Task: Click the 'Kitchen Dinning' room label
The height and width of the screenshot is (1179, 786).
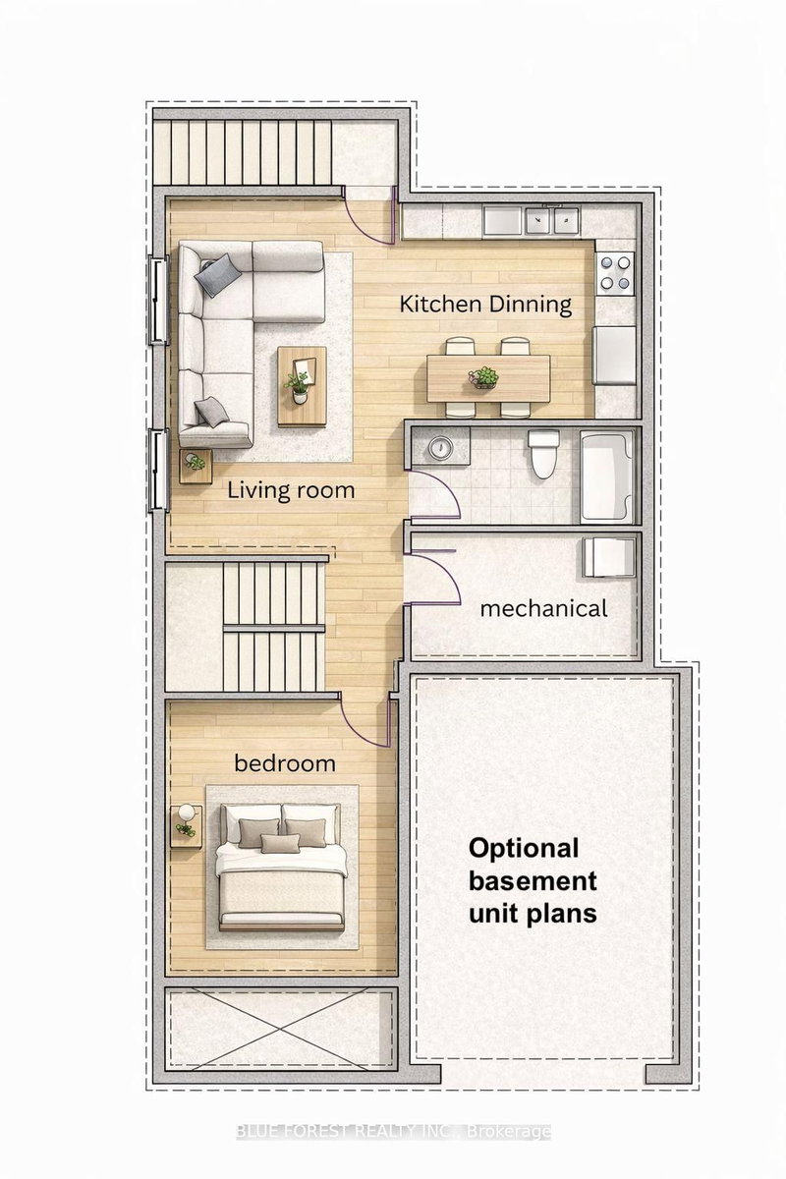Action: (485, 304)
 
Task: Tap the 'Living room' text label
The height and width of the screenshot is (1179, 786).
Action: (291, 489)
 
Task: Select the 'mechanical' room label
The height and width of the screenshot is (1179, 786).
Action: (543, 608)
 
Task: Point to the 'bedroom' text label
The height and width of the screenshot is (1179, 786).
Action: (284, 762)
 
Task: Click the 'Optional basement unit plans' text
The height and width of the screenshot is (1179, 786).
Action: (533, 880)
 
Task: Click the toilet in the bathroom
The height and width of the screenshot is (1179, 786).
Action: (542, 454)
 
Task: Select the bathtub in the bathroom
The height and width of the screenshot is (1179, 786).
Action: (606, 476)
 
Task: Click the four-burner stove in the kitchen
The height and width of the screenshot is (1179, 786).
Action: (616, 272)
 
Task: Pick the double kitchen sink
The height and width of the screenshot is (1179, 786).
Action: (550, 221)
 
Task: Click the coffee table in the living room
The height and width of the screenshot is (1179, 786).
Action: (302, 385)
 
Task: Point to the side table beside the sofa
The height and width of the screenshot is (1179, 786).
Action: (196, 466)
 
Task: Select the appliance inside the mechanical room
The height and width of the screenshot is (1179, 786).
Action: (602, 557)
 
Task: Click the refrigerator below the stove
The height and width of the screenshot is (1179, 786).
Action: (616, 355)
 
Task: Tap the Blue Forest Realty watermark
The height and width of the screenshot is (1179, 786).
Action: (393, 1132)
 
